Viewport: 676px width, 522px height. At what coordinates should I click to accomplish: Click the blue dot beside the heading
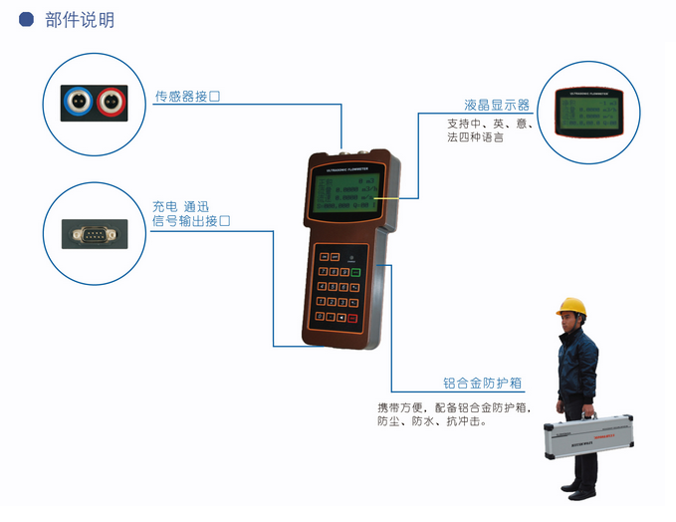27,19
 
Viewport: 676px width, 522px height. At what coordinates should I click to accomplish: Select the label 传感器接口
186,97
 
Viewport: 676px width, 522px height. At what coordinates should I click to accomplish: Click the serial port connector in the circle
93,235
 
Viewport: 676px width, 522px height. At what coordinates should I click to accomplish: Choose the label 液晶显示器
496,105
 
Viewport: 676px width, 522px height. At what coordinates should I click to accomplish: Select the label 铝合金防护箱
483,383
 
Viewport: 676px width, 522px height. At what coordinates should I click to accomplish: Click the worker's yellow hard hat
570,307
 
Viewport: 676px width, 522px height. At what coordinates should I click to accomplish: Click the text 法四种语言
475,137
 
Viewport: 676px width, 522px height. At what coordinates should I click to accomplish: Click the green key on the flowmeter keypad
354,270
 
